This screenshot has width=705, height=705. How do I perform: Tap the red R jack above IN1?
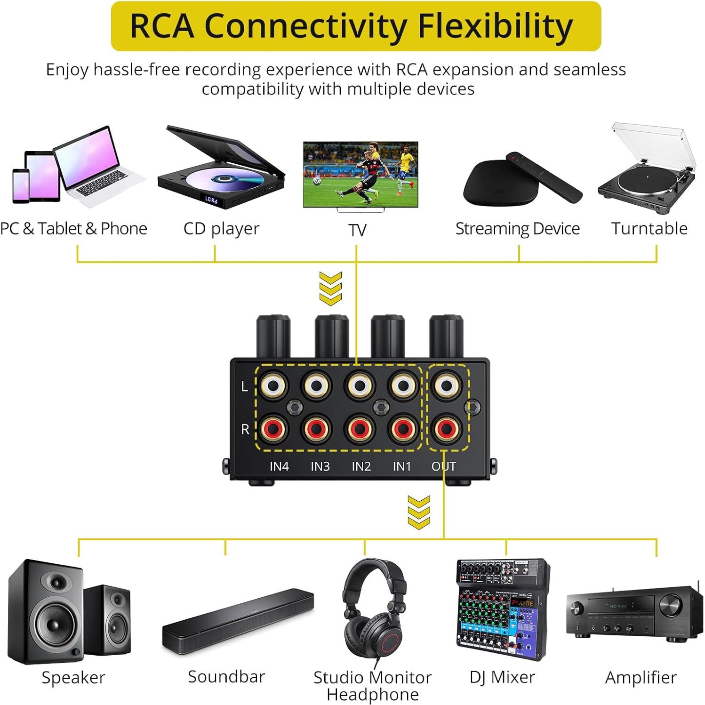[402, 428]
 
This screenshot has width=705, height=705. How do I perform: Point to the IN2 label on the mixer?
[361, 466]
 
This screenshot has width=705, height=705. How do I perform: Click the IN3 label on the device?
[320, 466]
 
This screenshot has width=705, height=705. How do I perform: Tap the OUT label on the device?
[444, 466]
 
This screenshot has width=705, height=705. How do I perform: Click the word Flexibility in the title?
[495, 26]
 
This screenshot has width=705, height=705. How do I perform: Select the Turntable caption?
[649, 229]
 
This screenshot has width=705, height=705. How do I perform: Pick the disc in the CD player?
[221, 180]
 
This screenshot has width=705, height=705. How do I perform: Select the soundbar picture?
[238, 619]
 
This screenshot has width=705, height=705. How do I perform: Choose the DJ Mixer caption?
[502, 677]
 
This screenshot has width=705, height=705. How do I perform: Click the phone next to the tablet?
[21, 185]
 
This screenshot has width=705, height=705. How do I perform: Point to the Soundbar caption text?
[226, 677]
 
